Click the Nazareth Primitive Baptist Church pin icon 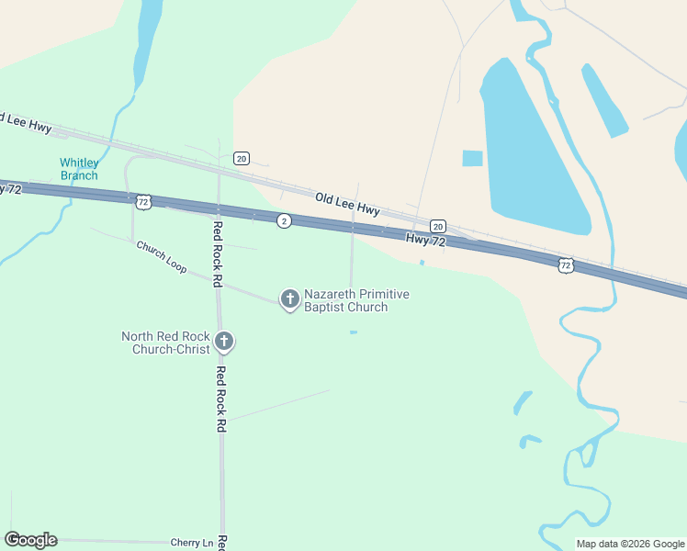(x=290, y=298)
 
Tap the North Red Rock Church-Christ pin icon (x=223, y=343)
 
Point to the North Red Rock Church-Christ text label (x=164, y=343)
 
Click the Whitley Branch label (x=79, y=169)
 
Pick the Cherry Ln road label (x=192, y=543)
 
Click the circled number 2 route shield (x=285, y=221)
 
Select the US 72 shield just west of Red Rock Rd (x=141, y=200)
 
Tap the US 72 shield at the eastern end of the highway (x=565, y=265)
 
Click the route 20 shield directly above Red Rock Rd (x=241, y=158)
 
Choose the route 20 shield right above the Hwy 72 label (x=438, y=226)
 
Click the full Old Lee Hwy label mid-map (x=347, y=204)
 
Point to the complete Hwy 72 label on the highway (x=425, y=241)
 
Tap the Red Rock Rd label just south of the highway (x=219, y=254)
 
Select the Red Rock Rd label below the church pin (x=220, y=399)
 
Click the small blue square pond (x=472, y=158)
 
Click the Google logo (x=30, y=540)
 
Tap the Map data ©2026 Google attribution (x=630, y=544)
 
